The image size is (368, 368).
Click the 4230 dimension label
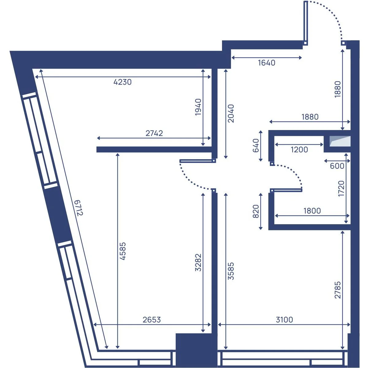pyautogui.click(x=122, y=82)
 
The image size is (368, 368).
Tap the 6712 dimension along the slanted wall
pyautogui.click(x=79, y=208)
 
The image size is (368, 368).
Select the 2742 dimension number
pyautogui.click(x=154, y=133)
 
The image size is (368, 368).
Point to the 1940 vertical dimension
pyautogui.click(x=198, y=107)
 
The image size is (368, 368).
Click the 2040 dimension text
pyautogui.click(x=231, y=113)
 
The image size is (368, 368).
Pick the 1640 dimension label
pyautogui.click(x=266, y=63)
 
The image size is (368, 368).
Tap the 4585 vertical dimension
pyautogui.click(x=123, y=251)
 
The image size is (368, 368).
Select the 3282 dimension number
pyautogui.click(x=198, y=263)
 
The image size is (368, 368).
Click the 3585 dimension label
pyautogui.click(x=231, y=271)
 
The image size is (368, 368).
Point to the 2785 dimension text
pyautogui.click(x=338, y=290)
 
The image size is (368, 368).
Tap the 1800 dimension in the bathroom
pyautogui.click(x=312, y=211)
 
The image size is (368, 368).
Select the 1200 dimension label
pyautogui.click(x=299, y=150)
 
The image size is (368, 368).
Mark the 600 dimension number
pyautogui.click(x=337, y=166)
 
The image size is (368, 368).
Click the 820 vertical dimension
pyautogui.click(x=256, y=211)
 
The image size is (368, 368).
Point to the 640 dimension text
pyautogui.click(x=256, y=146)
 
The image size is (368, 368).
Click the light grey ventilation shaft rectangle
pyautogui.click(x=340, y=141)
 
